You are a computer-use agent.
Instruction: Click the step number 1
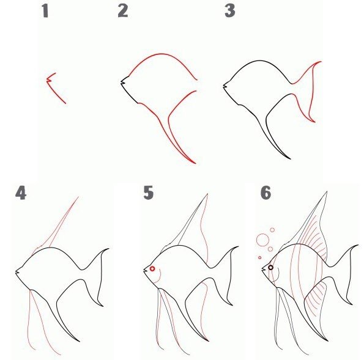pyautogui.click(x=45, y=12)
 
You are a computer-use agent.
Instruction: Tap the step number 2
pyautogui.click(x=123, y=11)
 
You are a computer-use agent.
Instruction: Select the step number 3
pyautogui.click(x=230, y=11)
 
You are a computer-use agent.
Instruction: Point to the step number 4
pyautogui.click(x=21, y=194)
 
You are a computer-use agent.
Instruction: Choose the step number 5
pyautogui.click(x=149, y=193)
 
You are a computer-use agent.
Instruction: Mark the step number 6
pyautogui.click(x=266, y=193)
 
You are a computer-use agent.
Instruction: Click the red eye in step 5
pyautogui.click(x=152, y=269)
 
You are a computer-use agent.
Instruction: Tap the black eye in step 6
pyautogui.click(x=270, y=268)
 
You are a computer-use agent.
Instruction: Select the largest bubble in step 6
pyautogui.click(x=262, y=240)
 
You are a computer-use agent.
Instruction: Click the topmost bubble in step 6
pyautogui.click(x=272, y=230)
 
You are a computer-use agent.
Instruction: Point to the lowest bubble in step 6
pyautogui.click(x=260, y=257)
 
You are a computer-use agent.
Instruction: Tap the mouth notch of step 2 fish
pyautogui.click(x=123, y=82)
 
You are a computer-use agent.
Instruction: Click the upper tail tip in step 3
pyautogui.click(x=321, y=62)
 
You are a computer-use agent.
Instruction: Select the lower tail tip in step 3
pyautogui.click(x=314, y=122)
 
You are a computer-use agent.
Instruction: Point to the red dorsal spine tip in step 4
pyautogui.click(x=78, y=197)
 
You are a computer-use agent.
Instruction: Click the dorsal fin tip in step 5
pyautogui.click(x=207, y=194)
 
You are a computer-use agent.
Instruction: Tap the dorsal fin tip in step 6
pyautogui.click(x=327, y=191)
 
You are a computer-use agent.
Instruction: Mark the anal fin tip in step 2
pyautogui.click(x=195, y=163)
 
